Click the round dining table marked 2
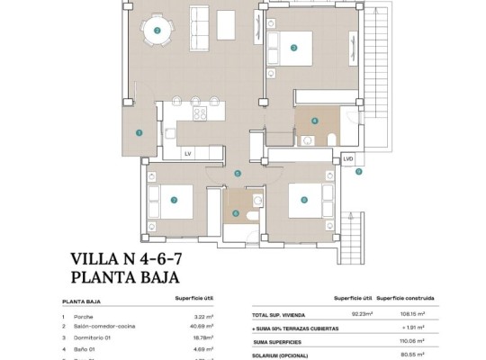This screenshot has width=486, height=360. [x=157, y=31]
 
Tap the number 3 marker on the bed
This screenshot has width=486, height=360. [x=294, y=48]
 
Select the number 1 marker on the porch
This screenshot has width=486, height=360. [x=139, y=132]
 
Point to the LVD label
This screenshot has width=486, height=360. [x=348, y=158]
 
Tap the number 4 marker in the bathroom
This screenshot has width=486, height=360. [x=314, y=121]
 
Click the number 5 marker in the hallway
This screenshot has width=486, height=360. [x=238, y=174]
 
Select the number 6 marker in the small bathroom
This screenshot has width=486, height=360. [x=236, y=213]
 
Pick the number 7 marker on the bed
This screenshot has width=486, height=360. [x=174, y=201]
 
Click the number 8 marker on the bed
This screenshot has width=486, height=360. [x=304, y=200]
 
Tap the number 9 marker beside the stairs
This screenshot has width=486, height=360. [x=358, y=171]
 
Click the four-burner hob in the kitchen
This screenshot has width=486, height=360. [x=200, y=114]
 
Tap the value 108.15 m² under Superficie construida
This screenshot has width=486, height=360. [x=420, y=314]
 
